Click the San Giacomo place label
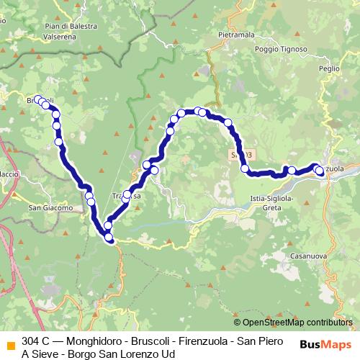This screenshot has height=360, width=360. (50, 208)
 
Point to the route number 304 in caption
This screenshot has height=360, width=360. (32, 340)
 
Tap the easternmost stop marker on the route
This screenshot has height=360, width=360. (320, 171)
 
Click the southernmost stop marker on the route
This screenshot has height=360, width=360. (109, 237)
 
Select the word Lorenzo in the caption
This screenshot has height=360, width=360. (135, 354)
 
